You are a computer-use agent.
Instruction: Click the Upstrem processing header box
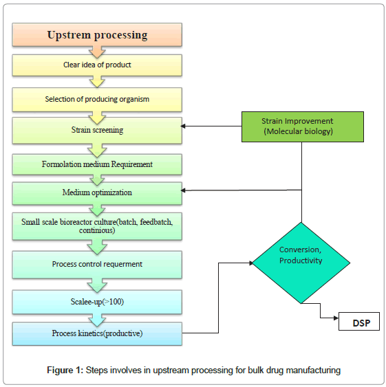pos(97,34)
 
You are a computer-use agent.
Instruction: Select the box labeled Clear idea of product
pos(97,65)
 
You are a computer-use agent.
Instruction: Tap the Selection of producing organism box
pos(97,99)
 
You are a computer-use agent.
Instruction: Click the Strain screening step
pos(97,130)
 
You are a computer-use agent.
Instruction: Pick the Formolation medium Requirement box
pos(97,164)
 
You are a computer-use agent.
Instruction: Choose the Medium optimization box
pos(97,192)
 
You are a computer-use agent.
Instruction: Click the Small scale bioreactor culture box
pos(97,226)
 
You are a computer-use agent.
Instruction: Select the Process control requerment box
pos(97,264)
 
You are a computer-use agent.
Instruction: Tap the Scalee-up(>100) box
pos(97,301)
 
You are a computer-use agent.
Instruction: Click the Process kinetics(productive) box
pos(97,333)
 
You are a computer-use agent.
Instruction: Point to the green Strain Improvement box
pos(301,126)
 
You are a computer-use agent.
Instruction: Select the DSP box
pos(358,321)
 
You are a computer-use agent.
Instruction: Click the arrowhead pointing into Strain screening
pos(185,126)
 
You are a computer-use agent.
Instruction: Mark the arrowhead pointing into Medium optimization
pos(185,190)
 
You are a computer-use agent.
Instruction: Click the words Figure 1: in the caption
pos(65,371)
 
